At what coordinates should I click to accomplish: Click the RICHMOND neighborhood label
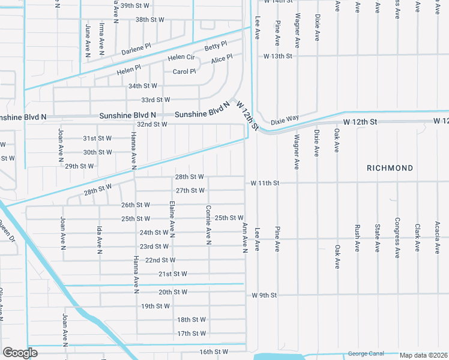click(390, 169)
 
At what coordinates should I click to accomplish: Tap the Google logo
click(20, 353)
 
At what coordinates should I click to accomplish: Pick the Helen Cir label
click(181, 58)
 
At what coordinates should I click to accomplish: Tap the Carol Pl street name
click(184, 71)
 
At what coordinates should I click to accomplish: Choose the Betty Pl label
click(215, 46)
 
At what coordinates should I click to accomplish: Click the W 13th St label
click(277, 56)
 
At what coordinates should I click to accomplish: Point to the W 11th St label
click(265, 182)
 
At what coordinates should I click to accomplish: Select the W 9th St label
click(264, 295)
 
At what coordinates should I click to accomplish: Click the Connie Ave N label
click(209, 225)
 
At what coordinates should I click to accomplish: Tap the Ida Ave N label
click(99, 239)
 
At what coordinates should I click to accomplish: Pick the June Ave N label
click(88, 41)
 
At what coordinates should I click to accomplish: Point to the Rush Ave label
click(357, 238)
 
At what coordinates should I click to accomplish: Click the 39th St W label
click(134, 5)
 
